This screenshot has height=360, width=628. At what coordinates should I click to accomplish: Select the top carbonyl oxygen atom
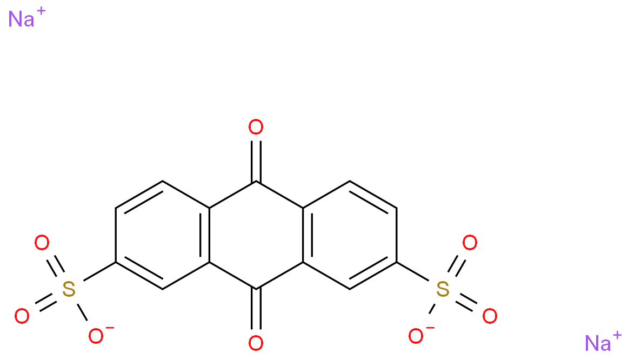(x=256, y=128)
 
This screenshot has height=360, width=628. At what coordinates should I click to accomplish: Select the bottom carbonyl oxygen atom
(x=256, y=343)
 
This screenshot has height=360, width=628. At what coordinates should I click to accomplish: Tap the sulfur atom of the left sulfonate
(x=69, y=289)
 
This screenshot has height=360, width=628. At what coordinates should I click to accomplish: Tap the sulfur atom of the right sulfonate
(x=443, y=289)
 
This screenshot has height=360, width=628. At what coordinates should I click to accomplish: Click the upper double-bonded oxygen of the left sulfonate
(x=42, y=243)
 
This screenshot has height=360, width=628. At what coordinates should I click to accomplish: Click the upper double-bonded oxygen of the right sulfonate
(x=470, y=243)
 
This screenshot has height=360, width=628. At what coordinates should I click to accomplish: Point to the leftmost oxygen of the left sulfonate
(x=22, y=316)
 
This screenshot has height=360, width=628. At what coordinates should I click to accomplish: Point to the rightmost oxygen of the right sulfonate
(x=490, y=316)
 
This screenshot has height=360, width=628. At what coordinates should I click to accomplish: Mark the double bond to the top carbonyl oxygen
(x=256, y=160)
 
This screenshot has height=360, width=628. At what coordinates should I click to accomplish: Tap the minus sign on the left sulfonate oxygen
(x=110, y=328)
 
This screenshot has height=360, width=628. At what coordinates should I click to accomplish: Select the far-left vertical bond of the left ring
(x=116, y=235)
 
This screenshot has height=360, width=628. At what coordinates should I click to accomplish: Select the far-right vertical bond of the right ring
(x=397, y=235)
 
